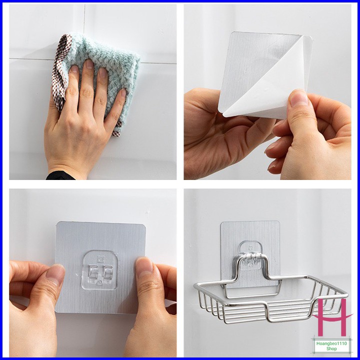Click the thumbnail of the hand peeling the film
coord(298,97)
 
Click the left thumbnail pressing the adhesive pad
coord(55,271)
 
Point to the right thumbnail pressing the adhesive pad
coord(144,266)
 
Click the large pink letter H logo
coord(332,317)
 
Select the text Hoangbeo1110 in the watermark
coord(331,343)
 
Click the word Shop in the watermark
coord(332,349)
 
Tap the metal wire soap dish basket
coord(271,298)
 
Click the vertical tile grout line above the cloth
coord(84,18)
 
